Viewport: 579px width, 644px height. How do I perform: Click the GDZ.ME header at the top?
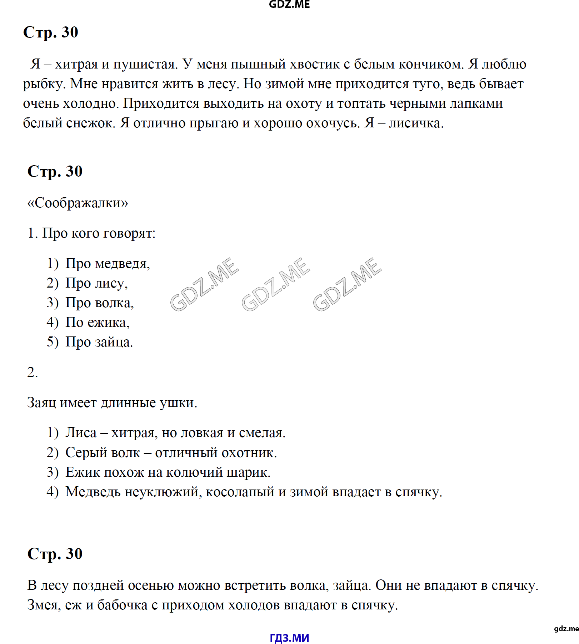click(x=289, y=4)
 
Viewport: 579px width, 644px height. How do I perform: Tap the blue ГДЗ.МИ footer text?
click(x=289, y=638)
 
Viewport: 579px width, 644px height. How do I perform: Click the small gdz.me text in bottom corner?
click(x=566, y=629)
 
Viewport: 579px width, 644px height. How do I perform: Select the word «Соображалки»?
click(x=78, y=203)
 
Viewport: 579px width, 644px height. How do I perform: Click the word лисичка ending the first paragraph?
click(x=416, y=123)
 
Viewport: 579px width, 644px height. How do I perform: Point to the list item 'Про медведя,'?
click(x=108, y=264)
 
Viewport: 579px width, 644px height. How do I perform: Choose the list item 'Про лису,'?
click(x=96, y=283)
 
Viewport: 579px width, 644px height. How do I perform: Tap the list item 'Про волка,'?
click(x=99, y=303)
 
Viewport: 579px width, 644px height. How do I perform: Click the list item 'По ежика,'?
click(x=97, y=323)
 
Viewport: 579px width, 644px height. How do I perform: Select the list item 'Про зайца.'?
click(x=99, y=342)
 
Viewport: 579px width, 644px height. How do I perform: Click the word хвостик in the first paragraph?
click(x=315, y=64)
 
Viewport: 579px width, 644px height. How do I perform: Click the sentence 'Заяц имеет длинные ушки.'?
click(x=112, y=403)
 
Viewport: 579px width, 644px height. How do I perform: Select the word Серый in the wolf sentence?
click(x=84, y=453)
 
